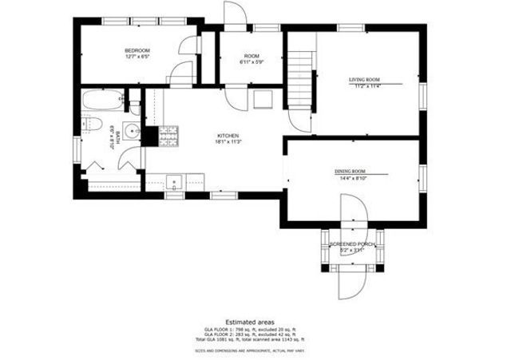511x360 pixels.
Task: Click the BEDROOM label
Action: tap(137, 50)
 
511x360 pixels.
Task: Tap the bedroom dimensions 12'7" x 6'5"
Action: tap(137, 57)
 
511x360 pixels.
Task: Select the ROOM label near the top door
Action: tap(251, 56)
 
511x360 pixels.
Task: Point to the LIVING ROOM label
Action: tap(363, 80)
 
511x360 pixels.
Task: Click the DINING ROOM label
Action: tap(350, 172)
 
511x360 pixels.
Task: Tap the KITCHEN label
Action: tap(228, 136)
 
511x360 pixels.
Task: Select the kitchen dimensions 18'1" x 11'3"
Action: tap(228, 142)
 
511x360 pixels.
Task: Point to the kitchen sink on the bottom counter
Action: tap(176, 181)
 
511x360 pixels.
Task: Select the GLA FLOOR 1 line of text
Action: tap(250, 329)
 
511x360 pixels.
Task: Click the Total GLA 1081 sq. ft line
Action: tap(250, 339)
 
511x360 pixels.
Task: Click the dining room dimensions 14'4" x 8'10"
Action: tap(350, 178)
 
